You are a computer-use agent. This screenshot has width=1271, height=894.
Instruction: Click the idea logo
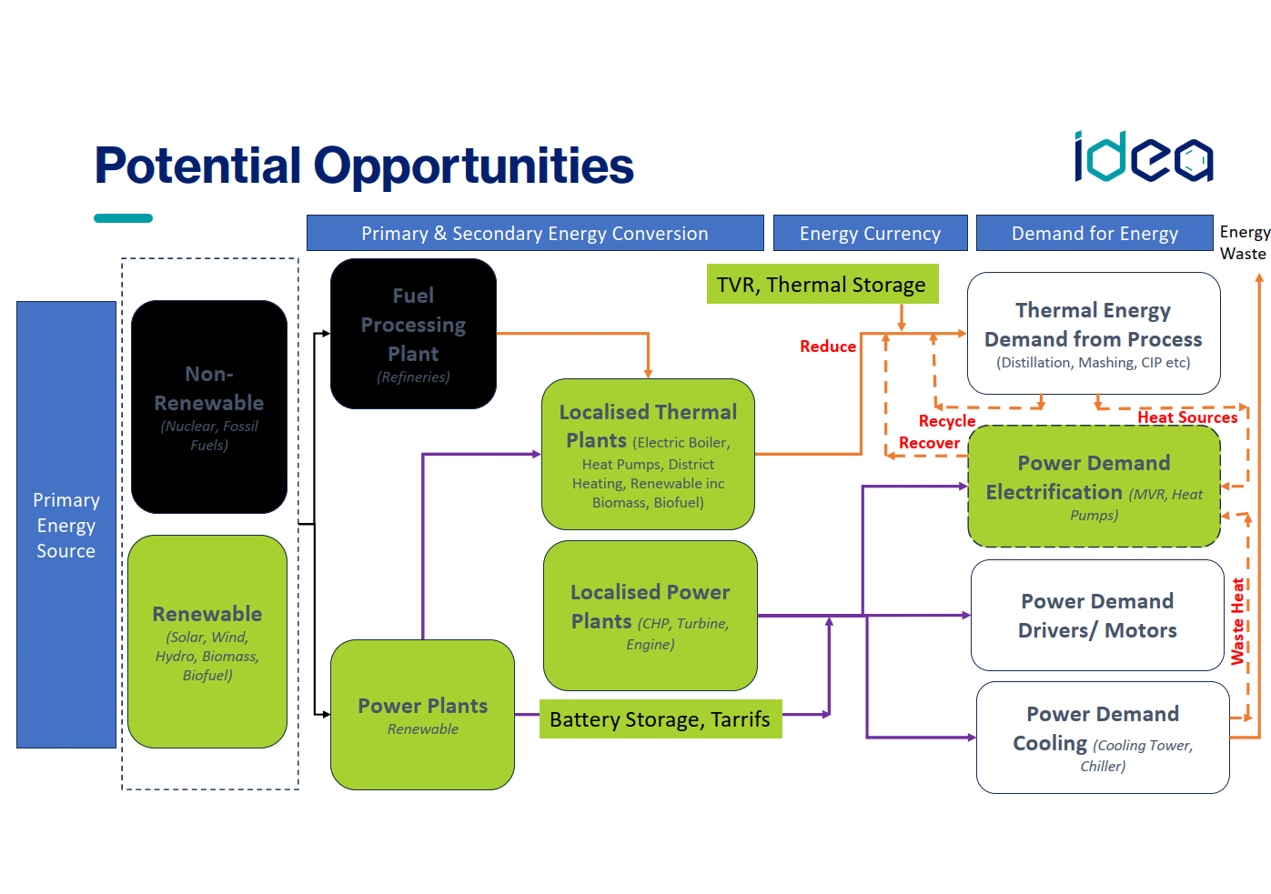1143,157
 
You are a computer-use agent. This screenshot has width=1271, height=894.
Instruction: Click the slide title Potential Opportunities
364,166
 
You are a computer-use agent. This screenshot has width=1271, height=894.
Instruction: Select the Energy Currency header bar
870,233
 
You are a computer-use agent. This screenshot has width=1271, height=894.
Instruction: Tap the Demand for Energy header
1094,233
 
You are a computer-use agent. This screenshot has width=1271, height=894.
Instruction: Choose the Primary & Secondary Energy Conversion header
534,233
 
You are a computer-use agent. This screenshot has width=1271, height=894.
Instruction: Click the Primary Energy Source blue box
66,525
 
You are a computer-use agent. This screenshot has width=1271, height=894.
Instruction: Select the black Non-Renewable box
209,407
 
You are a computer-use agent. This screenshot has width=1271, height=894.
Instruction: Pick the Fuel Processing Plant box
413,334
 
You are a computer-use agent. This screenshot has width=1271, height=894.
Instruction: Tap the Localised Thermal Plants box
648,455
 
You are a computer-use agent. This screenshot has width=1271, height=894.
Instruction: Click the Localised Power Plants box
650,616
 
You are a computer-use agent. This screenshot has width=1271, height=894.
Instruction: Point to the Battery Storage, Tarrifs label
660,719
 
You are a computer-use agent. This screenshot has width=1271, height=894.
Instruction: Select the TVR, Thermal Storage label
822,285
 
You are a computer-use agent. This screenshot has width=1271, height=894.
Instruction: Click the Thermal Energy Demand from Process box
1093,334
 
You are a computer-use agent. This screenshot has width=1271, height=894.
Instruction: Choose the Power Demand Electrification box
1094,487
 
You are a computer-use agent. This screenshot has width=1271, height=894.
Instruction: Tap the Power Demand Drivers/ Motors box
1097,616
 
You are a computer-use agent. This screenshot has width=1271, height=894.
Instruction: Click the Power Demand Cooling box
1103,738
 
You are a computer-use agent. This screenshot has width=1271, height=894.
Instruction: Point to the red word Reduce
828,347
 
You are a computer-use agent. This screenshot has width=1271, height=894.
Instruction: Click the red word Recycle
947,421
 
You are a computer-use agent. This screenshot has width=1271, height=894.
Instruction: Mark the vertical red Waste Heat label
1237,621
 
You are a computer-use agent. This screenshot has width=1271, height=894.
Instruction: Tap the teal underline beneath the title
123,218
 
